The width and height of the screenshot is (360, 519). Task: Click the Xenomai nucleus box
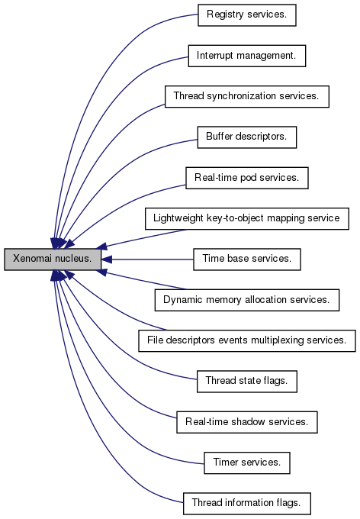pos(53,259)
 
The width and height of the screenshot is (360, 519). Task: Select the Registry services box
pos(247,15)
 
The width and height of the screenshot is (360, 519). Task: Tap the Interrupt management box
pos(247,56)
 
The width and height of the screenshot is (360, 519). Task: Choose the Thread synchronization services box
pos(247,96)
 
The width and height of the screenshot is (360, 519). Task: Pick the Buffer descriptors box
pos(247,137)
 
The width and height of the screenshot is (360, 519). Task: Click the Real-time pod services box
pos(247,178)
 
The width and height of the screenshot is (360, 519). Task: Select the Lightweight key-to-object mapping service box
pos(247,218)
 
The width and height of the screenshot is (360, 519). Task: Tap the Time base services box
pos(247,259)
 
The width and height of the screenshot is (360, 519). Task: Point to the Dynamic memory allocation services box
pos(247,300)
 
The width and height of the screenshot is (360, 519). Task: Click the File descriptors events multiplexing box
pos(247,340)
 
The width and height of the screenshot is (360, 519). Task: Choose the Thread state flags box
pos(247,382)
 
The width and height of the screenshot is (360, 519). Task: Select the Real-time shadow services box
pos(247,422)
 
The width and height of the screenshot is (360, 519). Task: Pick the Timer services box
pos(247,463)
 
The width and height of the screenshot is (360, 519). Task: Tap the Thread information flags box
pos(247,504)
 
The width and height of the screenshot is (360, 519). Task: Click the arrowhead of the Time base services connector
pos(107,259)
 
